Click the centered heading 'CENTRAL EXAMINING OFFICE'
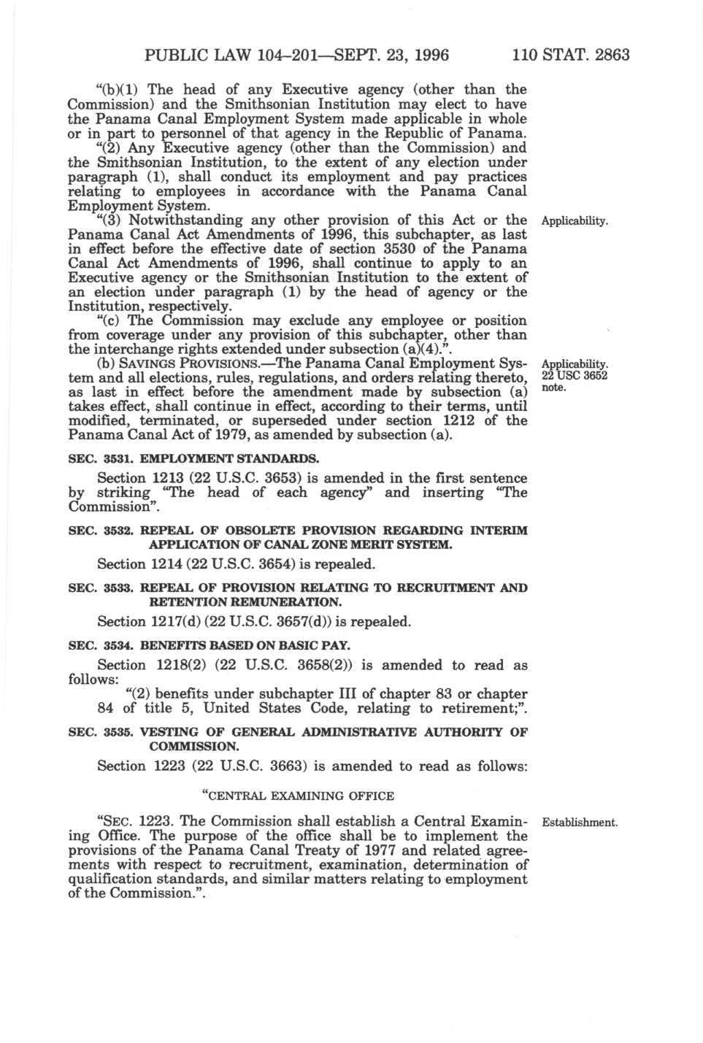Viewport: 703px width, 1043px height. pos(297,796)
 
